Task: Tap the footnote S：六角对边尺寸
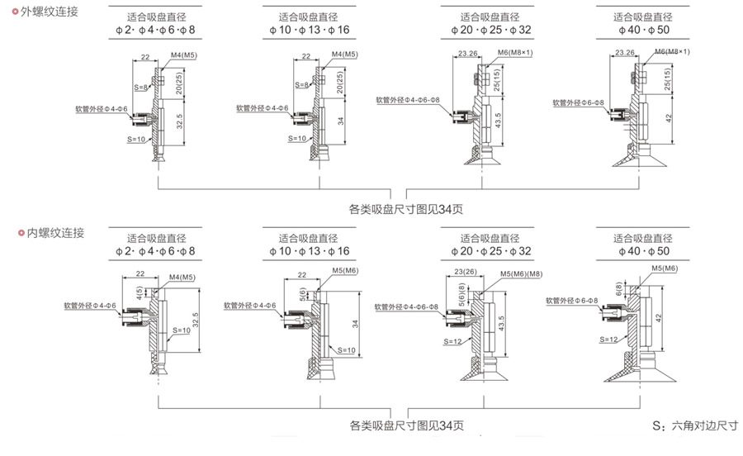[694, 426]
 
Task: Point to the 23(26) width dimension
[465, 270]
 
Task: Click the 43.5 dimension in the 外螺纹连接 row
[498, 120]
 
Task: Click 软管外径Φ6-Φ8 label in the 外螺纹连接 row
[579, 103]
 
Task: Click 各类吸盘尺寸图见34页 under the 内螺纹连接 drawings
[407, 426]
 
